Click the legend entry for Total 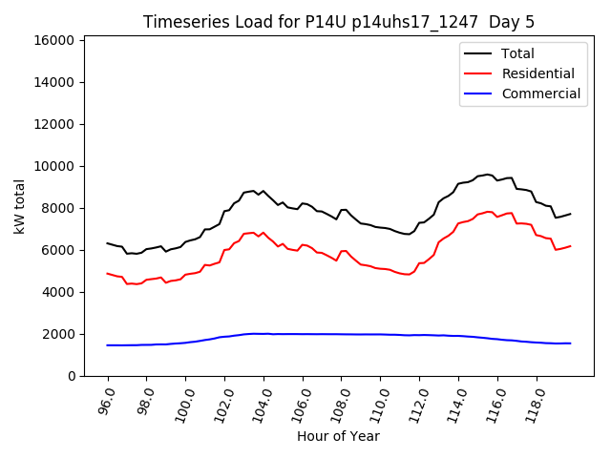tap(517, 53)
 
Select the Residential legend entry tap(538, 73)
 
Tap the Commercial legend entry tap(540, 94)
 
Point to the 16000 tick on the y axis tap(54, 40)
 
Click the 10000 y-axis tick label tap(54, 166)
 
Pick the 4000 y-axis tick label tap(57, 292)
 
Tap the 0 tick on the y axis tap(72, 376)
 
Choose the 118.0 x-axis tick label tap(534, 402)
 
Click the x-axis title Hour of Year tap(338, 436)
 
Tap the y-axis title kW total tap(19, 206)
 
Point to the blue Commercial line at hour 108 tap(341, 334)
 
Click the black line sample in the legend tap(477, 53)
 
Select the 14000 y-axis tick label tap(54, 82)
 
